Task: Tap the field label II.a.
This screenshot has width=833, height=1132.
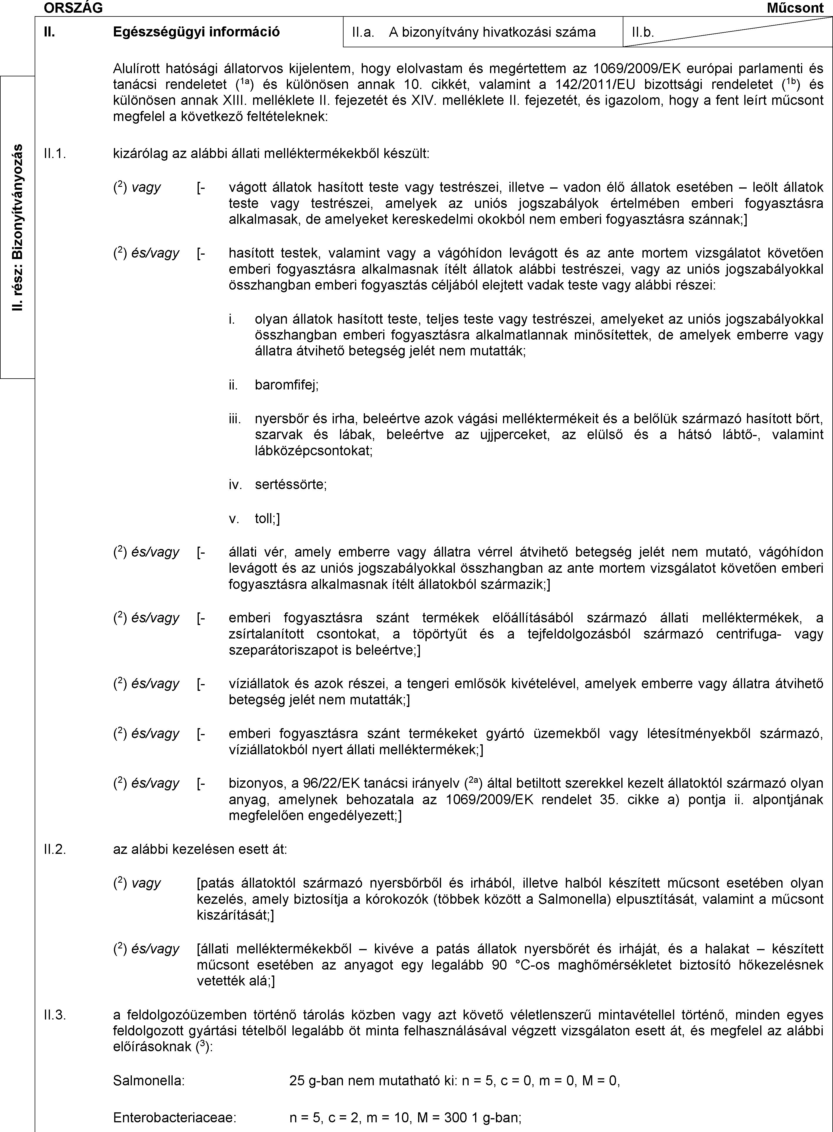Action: click(363, 32)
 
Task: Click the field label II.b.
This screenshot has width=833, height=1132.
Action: click(643, 32)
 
